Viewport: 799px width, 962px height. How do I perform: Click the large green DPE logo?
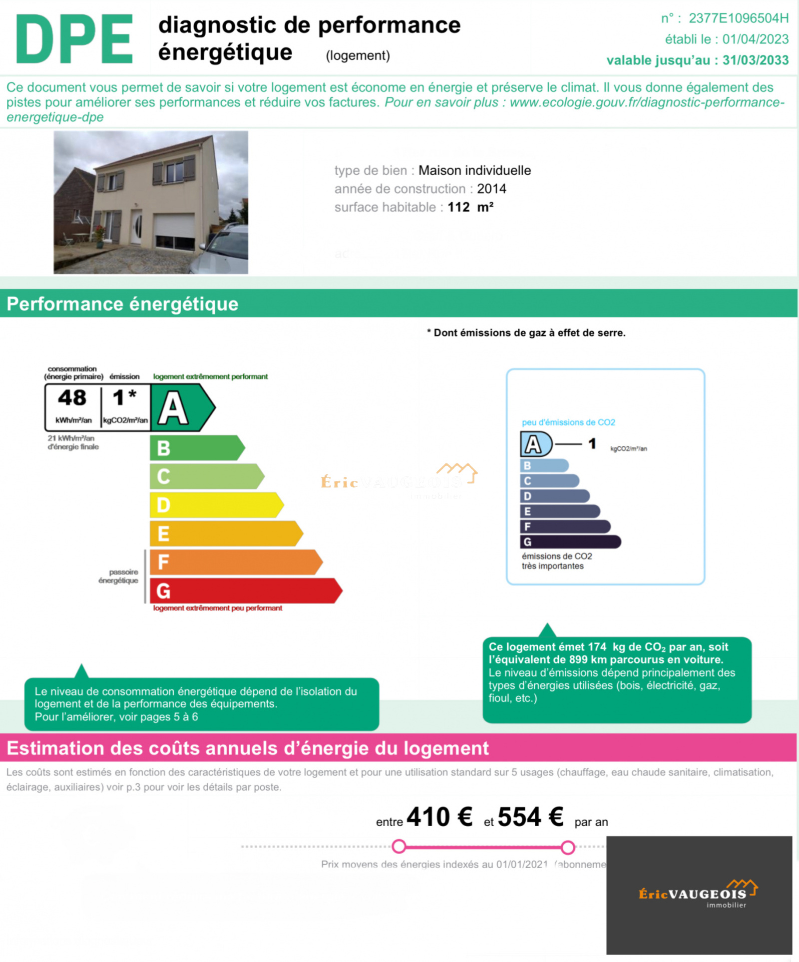(74, 39)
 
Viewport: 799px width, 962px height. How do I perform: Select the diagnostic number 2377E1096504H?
(738, 18)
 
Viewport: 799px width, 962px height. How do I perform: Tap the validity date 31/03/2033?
(755, 60)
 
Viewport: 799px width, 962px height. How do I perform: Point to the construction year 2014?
(491, 189)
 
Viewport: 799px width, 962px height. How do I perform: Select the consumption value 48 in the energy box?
(72, 398)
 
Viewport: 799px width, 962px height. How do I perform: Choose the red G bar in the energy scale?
(245, 591)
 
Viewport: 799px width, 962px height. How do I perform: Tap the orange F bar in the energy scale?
(235, 562)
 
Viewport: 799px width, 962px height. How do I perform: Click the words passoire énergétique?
(119, 576)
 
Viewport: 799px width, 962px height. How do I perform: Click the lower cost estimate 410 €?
(439, 817)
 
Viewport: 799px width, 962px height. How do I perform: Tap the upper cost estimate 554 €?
(530, 817)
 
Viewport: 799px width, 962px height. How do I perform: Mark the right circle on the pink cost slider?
(567, 847)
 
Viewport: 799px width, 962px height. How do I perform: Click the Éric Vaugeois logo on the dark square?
(698, 894)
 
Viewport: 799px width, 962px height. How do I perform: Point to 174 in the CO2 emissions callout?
(597, 647)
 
